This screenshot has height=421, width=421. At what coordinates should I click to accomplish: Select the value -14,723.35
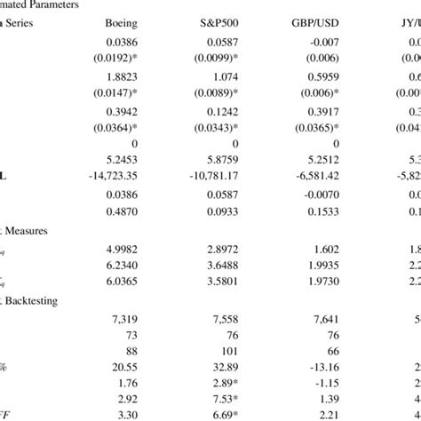click(x=116, y=177)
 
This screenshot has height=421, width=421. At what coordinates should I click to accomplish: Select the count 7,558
click(x=233, y=319)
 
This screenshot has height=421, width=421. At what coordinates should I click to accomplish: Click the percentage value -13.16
click(x=343, y=369)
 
